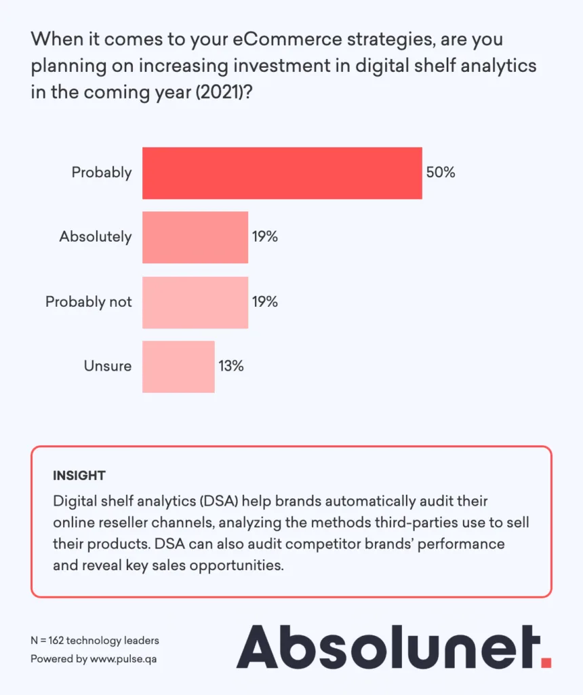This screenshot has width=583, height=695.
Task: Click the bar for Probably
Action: (282, 172)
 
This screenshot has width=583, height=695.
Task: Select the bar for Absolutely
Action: (195, 237)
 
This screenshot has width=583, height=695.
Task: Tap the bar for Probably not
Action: (195, 302)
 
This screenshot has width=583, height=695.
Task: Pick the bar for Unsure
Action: (178, 367)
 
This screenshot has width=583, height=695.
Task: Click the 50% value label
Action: (441, 172)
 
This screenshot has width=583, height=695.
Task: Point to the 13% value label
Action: (230, 367)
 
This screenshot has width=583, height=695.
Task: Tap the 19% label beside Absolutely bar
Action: (264, 237)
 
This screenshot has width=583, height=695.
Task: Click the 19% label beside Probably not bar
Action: (264, 302)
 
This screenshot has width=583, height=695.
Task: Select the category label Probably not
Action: (89, 302)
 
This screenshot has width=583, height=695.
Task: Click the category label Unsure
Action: (108, 367)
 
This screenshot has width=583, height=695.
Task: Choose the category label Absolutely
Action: (96, 237)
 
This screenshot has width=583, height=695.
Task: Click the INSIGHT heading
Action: (79, 475)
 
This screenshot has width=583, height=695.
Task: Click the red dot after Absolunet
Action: (546, 660)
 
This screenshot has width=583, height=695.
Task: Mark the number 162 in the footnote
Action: (58, 640)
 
